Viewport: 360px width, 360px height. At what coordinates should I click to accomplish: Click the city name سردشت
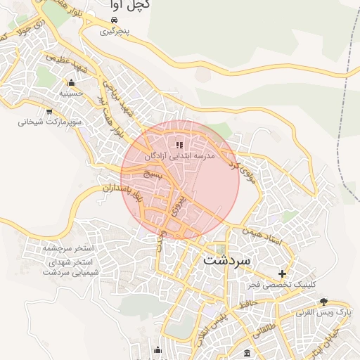226,259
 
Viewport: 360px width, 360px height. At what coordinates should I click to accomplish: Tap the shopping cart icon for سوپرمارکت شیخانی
49,111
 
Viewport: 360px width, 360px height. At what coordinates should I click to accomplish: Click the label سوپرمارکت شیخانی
50,122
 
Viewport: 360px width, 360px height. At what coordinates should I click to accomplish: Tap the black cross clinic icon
283,274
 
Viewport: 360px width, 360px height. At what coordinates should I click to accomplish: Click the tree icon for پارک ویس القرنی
323,301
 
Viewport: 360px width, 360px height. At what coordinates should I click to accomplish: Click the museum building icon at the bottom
246,352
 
